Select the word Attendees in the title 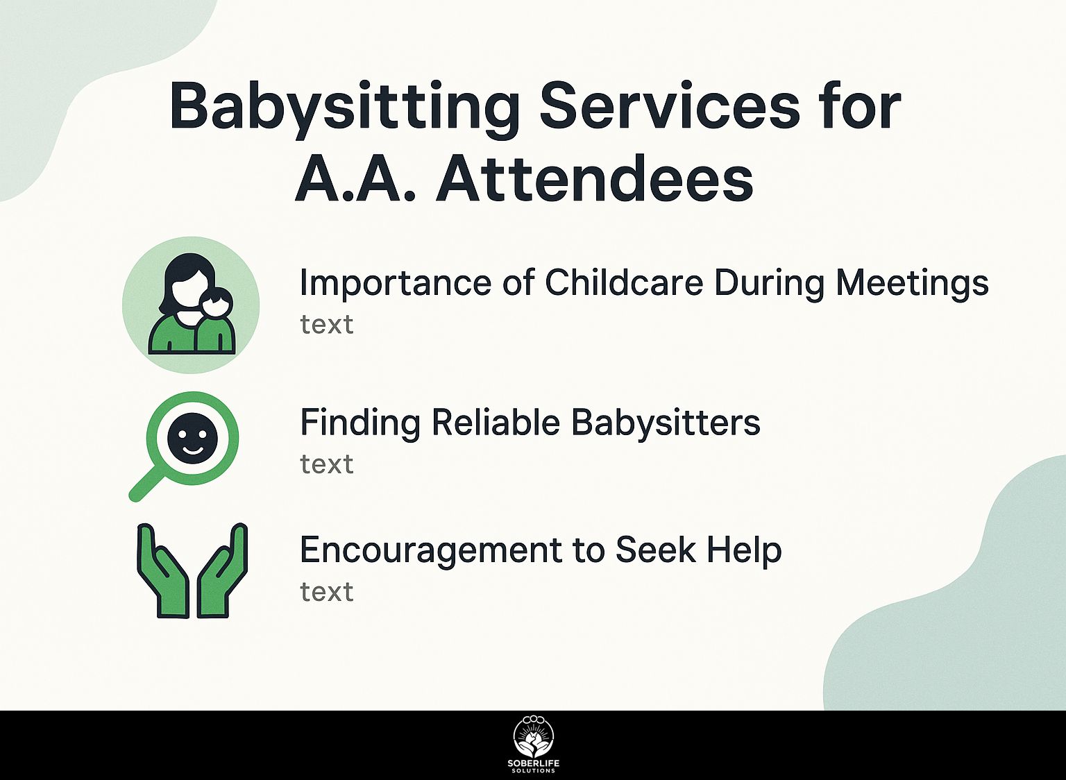[x=594, y=178]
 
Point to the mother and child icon [x=192, y=305]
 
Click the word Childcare [x=624, y=282]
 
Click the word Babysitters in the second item [x=666, y=423]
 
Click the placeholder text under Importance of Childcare [x=327, y=325]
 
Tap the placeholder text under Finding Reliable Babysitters [x=327, y=464]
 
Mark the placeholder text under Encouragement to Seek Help [x=327, y=592]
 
